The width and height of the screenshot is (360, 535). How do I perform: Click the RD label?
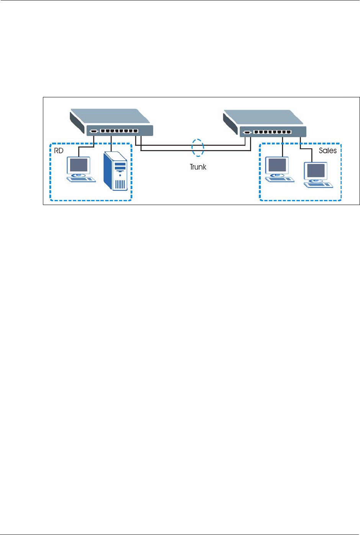point(59,151)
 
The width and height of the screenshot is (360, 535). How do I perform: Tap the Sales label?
point(327,151)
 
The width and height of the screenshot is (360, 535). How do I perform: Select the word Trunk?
point(198,167)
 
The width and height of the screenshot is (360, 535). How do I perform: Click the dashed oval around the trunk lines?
point(198,147)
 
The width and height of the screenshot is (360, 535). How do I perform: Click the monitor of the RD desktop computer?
point(79,165)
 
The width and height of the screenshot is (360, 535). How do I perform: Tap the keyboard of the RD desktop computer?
point(81,179)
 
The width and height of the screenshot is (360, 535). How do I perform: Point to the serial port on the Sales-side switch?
point(247,133)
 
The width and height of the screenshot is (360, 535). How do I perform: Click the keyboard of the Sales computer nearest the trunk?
point(280,179)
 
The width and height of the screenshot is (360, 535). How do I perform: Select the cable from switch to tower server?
point(111,144)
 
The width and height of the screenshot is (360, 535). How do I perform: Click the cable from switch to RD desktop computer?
point(87,146)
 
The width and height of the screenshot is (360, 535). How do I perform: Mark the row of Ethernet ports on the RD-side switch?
point(119,131)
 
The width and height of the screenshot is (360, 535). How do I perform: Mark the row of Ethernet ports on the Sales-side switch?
point(273,132)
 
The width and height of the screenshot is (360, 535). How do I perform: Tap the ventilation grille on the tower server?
point(120,185)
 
